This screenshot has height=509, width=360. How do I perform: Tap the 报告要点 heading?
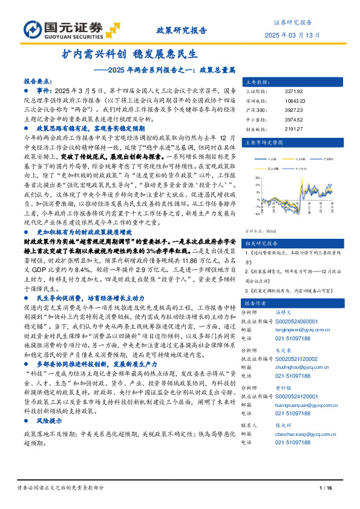[x=38, y=80]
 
